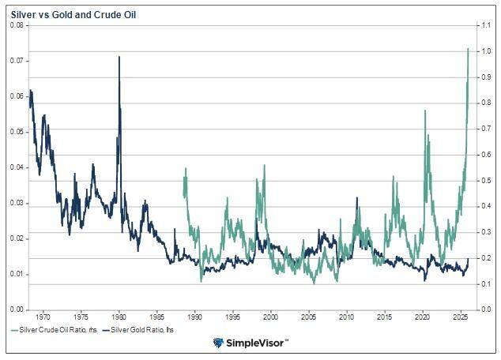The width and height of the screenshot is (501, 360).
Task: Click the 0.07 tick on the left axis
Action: tap(17, 61)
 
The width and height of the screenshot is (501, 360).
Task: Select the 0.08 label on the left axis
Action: tap(17, 25)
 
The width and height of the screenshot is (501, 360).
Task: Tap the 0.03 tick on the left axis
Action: tap(17, 203)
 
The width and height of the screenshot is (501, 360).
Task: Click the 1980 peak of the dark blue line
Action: tap(119, 57)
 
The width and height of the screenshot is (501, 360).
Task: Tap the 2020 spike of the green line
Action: tap(425, 111)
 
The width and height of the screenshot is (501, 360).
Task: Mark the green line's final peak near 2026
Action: tap(468, 49)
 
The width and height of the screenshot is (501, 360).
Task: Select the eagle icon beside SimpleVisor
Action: tap(219, 343)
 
